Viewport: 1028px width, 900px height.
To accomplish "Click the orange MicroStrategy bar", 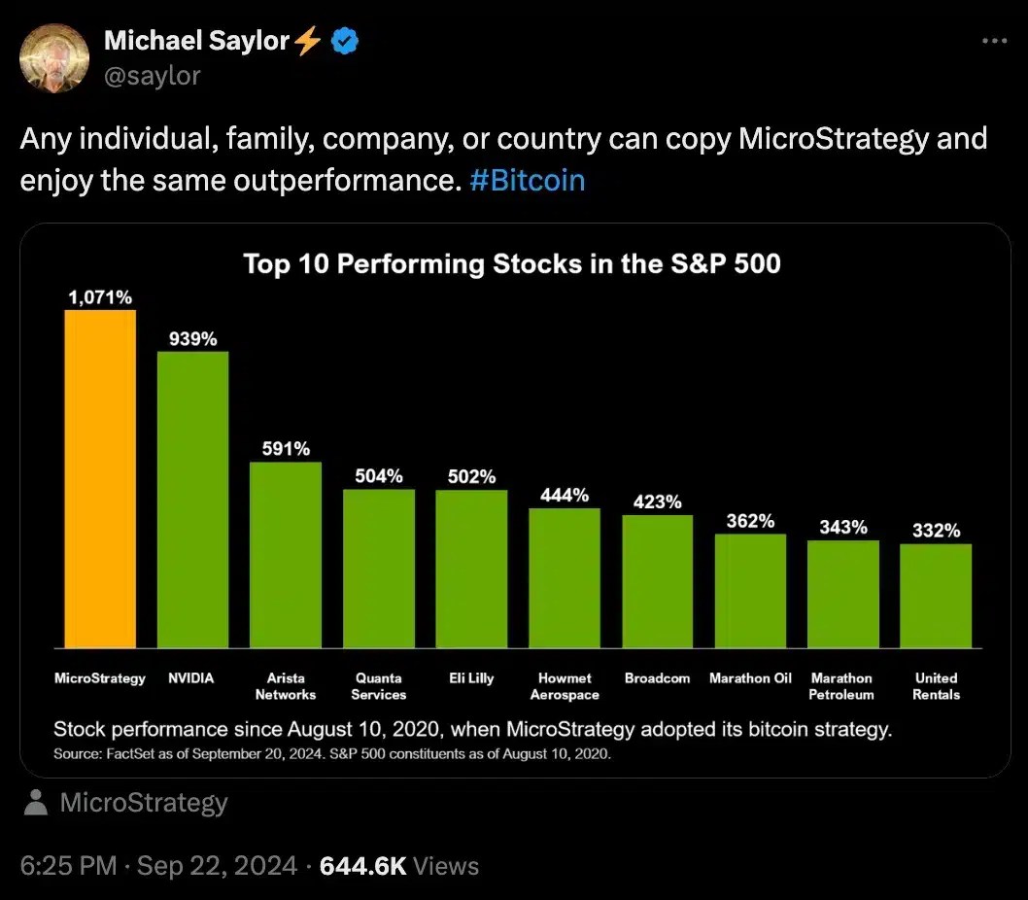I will point(100,478).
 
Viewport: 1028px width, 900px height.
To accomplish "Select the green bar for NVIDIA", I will point(192,499).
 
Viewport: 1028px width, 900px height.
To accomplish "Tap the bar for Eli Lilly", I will point(471,569).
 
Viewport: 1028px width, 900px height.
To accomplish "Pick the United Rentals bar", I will point(936,596).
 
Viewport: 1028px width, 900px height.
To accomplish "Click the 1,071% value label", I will point(100,297).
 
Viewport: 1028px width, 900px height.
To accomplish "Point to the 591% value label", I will point(286,449).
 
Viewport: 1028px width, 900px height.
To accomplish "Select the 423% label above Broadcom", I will point(657,502).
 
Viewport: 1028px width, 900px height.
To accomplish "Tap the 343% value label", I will point(842,528).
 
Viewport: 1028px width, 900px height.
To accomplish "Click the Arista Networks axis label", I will point(286,686).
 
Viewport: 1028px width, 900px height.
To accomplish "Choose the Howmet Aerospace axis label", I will point(565,686).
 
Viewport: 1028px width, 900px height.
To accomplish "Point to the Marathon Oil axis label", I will point(750,678).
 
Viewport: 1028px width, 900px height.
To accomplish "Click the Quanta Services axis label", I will point(378,686).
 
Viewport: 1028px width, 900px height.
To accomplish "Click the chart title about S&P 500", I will point(511,263).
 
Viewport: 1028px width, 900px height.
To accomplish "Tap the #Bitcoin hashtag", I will point(527,182).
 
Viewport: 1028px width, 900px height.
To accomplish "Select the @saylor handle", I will point(152,75).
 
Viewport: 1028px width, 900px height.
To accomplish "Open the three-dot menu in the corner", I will point(994,41).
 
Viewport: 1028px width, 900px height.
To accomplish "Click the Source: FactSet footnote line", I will point(332,753).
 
